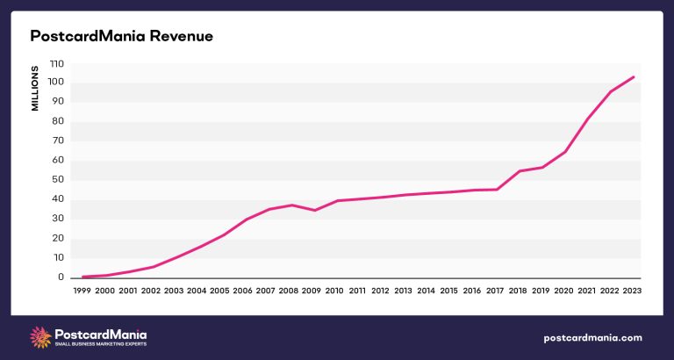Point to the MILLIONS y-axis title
pos(36,88)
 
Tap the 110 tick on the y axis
pos(56,64)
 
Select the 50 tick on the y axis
pos(58,180)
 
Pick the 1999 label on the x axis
pos(82,291)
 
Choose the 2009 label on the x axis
pos(312,291)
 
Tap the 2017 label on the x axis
pos(495,291)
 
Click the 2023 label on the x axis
pos(634,291)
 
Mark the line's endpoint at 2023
pos(634,76)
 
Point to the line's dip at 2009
pos(314,210)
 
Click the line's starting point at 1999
pos(82,277)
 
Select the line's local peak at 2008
pos(291,205)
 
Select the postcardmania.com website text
pos(593,338)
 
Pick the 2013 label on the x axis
pos(404,291)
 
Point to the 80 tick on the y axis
pos(58,122)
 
